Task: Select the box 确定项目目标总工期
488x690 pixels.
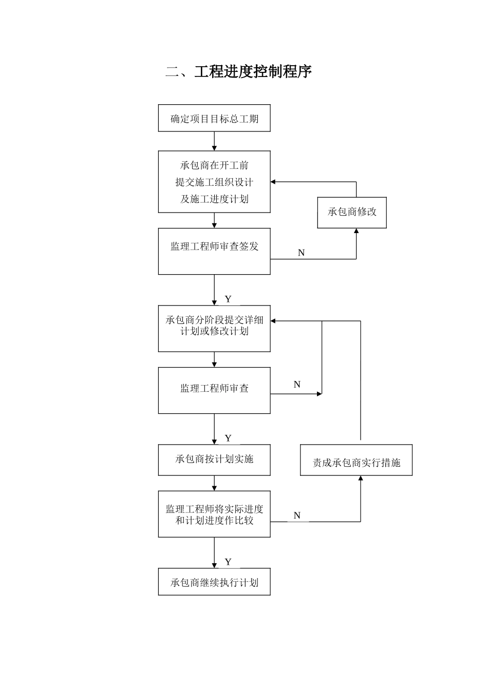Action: [214, 119]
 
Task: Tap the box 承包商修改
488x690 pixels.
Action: [352, 212]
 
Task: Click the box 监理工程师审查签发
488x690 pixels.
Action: [214, 251]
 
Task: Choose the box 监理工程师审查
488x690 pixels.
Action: [214, 390]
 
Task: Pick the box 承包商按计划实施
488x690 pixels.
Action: [214, 459]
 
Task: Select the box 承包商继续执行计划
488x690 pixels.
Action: [214, 582]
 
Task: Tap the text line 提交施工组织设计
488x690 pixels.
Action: [214, 182]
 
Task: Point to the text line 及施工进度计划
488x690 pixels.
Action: [214, 199]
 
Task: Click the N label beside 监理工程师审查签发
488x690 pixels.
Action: [302, 253]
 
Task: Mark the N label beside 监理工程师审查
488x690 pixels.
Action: [297, 385]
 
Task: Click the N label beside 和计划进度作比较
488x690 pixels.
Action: [297, 515]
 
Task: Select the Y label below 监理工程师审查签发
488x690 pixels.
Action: [228, 299]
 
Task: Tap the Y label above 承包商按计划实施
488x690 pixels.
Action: [228, 438]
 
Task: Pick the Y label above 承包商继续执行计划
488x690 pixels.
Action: [228, 562]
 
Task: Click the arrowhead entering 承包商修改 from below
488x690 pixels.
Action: [356, 232]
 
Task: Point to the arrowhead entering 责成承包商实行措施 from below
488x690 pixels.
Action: [360, 478]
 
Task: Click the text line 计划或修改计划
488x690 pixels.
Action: [214, 331]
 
